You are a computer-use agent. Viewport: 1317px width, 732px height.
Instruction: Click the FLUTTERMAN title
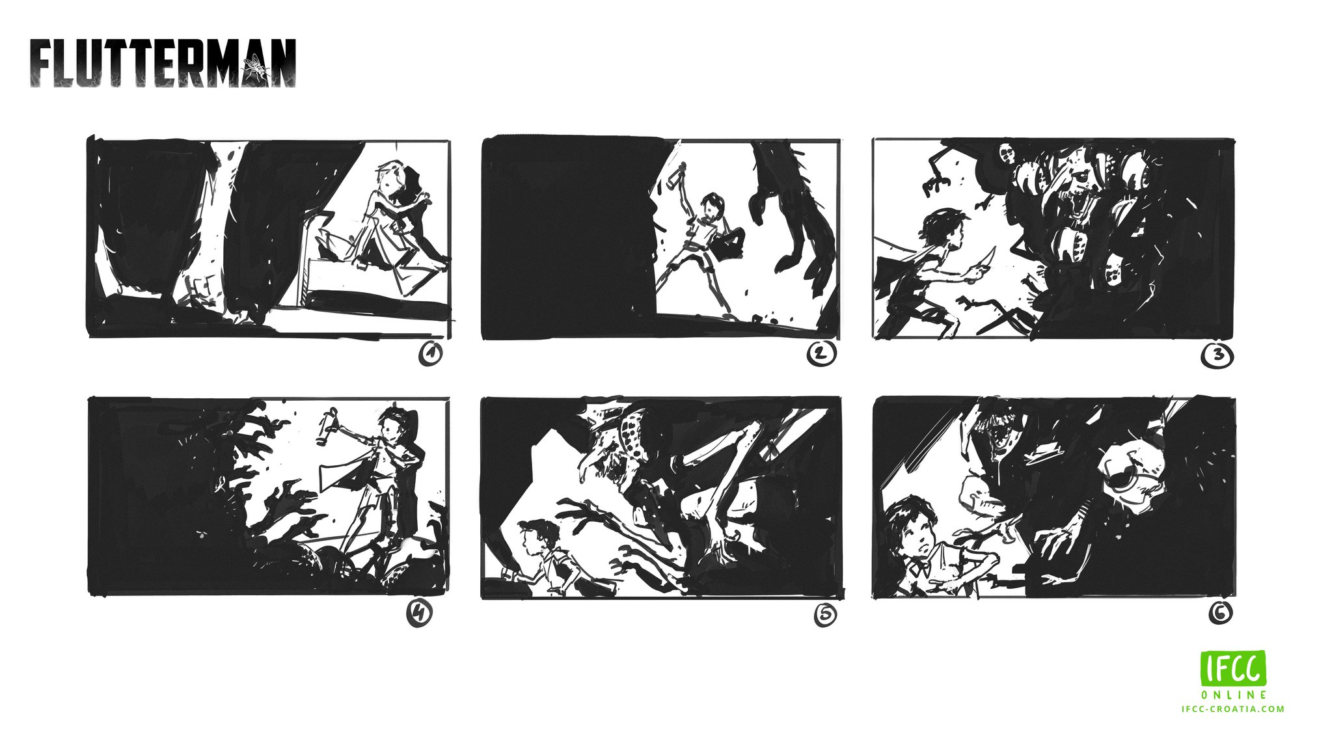pos(163,63)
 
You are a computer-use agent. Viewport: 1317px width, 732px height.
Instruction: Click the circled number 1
pos(430,355)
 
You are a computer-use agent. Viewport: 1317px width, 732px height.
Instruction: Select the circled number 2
pos(821,354)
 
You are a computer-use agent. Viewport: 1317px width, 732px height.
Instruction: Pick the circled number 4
pos(420,613)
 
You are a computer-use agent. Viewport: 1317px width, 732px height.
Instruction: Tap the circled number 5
pos(825,616)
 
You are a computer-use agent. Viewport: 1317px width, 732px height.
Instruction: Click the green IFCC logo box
pos(1233,668)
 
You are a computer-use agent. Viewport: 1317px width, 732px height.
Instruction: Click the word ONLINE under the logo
pos(1234,695)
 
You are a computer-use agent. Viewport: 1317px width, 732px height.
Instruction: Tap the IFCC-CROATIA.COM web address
pos(1233,709)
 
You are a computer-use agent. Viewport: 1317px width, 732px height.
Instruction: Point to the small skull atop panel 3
pos(1008,154)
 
